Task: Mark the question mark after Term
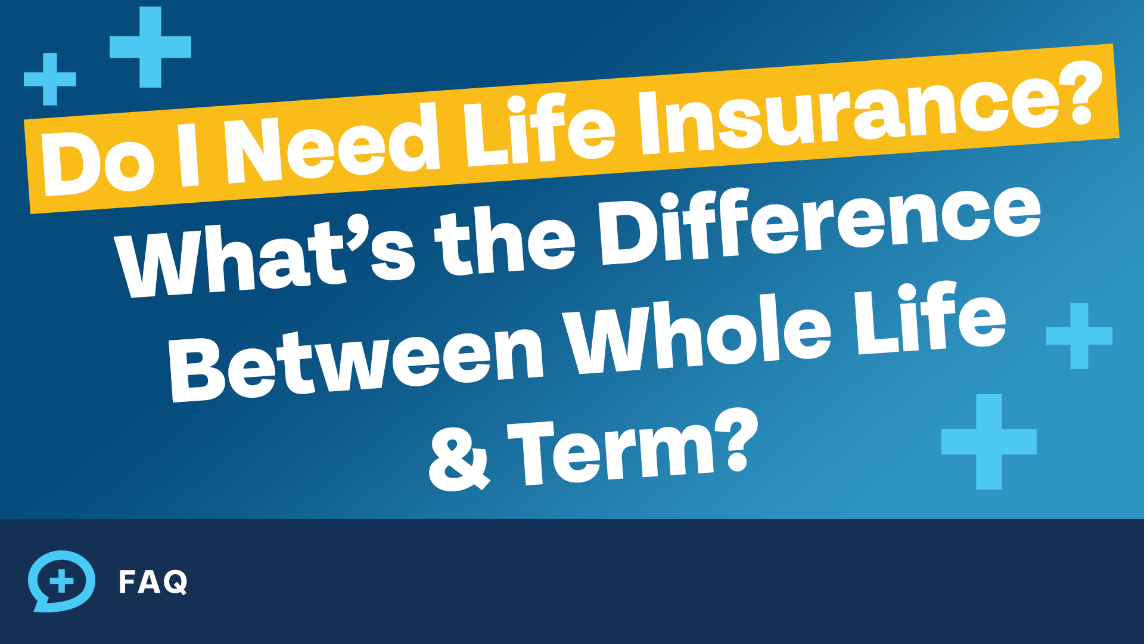[x=736, y=438]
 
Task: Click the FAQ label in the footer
[x=153, y=582]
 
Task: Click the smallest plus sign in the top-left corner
[x=50, y=79]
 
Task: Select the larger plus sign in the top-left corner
[x=150, y=47]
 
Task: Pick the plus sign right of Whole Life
[x=1079, y=336]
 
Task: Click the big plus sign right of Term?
[x=989, y=442]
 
